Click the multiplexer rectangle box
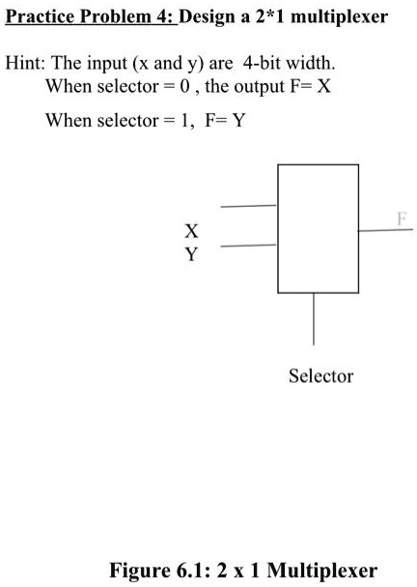(318, 228)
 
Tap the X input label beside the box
(192, 232)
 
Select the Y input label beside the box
(192, 255)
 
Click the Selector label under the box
(320, 375)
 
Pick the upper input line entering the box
(249, 206)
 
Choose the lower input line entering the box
(249, 247)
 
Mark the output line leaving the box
(385, 230)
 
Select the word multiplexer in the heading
(338, 17)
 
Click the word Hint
(25, 64)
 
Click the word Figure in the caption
(141, 570)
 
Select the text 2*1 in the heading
(270, 17)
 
